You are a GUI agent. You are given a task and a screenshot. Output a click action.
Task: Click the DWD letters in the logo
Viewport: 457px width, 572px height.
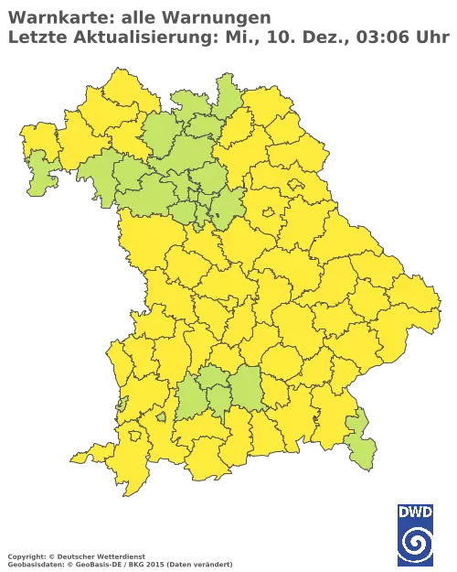tap(415, 512)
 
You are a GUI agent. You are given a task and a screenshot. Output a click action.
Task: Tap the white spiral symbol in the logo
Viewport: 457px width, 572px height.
tap(415, 543)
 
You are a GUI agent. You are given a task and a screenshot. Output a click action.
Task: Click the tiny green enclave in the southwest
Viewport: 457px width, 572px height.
tap(161, 417)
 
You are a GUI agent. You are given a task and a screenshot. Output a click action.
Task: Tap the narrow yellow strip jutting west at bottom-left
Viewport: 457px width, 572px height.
tap(85, 456)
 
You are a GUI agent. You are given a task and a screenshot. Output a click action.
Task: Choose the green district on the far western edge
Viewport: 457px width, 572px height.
tap(39, 174)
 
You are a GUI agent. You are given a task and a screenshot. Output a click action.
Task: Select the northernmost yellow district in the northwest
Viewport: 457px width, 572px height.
tap(114, 87)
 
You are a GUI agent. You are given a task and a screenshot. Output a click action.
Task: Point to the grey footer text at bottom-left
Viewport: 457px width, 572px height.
tap(73, 556)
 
